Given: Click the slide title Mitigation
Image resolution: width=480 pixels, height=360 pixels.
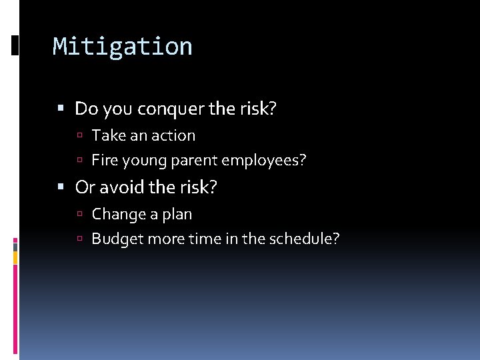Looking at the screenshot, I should click(123, 47).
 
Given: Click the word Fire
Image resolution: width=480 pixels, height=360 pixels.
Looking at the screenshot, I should click(103, 160).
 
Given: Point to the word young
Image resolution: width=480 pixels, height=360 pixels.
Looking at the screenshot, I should click(141, 161).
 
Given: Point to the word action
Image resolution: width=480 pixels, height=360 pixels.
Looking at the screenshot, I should click(174, 135).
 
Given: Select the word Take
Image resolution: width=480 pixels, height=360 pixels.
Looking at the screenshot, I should click(109, 135).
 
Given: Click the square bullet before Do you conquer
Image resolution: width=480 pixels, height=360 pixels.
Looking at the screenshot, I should click(61, 109).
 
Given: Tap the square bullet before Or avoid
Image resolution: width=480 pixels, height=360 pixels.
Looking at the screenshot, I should click(61, 188).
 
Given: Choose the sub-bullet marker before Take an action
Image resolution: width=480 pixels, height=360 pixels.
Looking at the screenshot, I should click(79, 136).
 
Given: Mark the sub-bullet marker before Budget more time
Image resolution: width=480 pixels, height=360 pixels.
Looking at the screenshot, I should click(79, 239).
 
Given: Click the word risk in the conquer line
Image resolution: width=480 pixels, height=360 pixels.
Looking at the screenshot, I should click(255, 109).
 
